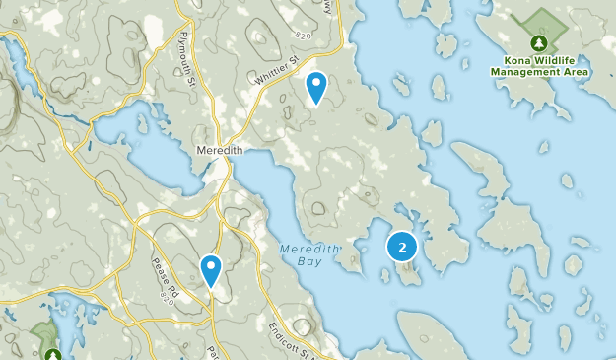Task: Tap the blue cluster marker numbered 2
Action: [x=402, y=247]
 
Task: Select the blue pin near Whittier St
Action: [x=315, y=87]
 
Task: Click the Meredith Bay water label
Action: [x=308, y=256]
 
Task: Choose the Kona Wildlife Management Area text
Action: [x=539, y=65]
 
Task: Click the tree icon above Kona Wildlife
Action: [x=539, y=42]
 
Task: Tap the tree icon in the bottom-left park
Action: [x=52, y=354]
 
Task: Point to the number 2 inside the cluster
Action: [x=402, y=247]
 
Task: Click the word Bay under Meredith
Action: [x=308, y=264]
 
